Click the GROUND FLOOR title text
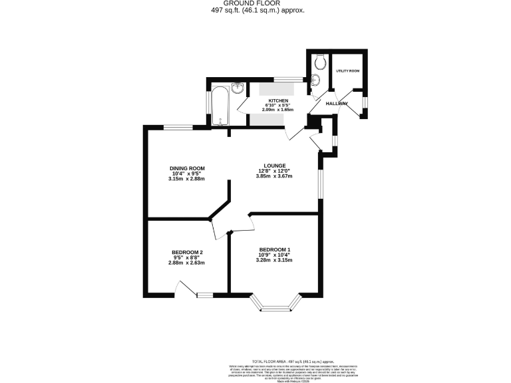click(x=255, y=3)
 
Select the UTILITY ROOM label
click(x=347, y=70)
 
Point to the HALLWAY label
click(x=337, y=104)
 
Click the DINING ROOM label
click(x=186, y=168)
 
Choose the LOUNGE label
click(x=274, y=166)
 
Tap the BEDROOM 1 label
click(x=275, y=249)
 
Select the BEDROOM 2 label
click(x=186, y=252)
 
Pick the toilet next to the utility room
click(x=320, y=61)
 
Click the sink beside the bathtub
click(x=238, y=87)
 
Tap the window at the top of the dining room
click(x=179, y=127)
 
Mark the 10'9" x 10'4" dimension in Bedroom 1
click(x=275, y=255)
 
